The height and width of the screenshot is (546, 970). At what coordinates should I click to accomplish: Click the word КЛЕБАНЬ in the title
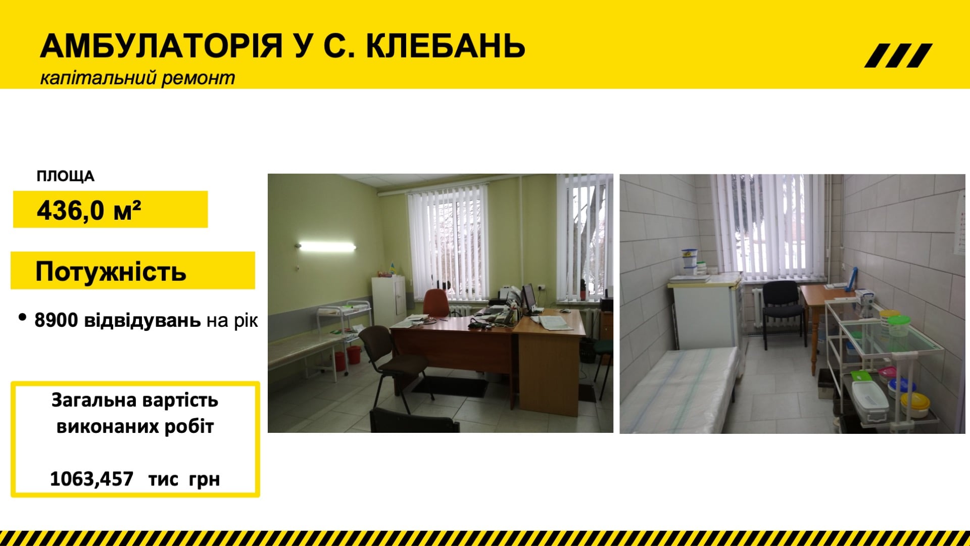(x=445, y=46)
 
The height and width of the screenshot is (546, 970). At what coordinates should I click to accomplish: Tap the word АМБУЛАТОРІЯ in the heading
(x=161, y=46)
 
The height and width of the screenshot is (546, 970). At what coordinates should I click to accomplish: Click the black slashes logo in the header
(x=898, y=56)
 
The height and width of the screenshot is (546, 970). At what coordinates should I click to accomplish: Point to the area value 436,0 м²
(x=89, y=210)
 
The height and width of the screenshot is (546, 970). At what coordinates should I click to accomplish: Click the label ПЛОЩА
(x=66, y=176)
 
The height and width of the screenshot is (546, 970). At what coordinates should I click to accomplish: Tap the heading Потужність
(x=111, y=271)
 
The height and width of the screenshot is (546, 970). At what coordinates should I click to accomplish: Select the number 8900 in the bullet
(x=56, y=320)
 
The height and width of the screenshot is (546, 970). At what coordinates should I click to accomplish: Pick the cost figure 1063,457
(x=91, y=478)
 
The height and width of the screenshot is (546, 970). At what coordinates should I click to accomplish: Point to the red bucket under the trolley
(x=353, y=354)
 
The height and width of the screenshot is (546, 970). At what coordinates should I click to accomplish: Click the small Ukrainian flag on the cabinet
(x=392, y=268)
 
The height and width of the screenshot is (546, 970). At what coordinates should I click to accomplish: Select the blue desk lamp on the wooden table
(x=854, y=279)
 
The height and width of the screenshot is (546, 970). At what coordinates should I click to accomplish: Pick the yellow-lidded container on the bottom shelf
(x=915, y=405)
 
